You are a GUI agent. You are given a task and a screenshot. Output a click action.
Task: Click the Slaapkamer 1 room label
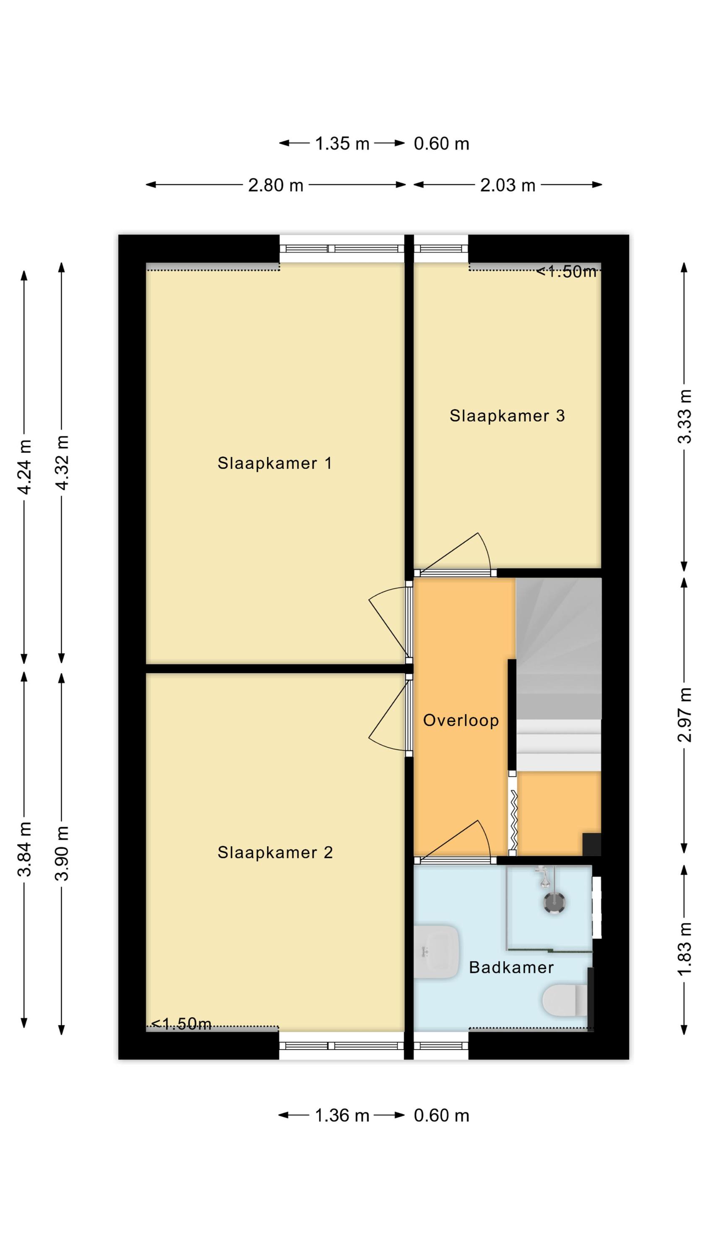point(275,463)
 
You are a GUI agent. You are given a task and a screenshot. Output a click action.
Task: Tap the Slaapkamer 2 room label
point(275,853)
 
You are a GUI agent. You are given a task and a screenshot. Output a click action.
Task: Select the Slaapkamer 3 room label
point(507,416)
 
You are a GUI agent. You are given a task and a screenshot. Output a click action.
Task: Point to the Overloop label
point(461,720)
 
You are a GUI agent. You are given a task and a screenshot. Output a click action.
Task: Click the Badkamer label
point(511,967)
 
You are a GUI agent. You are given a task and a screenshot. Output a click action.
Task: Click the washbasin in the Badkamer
point(436,952)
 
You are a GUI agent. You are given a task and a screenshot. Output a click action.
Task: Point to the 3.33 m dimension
point(685,416)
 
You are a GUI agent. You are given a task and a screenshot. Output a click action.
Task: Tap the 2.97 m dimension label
point(685,715)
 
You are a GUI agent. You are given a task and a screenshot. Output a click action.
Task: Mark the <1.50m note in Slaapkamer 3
point(567,272)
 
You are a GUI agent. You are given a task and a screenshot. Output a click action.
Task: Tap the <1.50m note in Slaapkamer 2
point(181,1024)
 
